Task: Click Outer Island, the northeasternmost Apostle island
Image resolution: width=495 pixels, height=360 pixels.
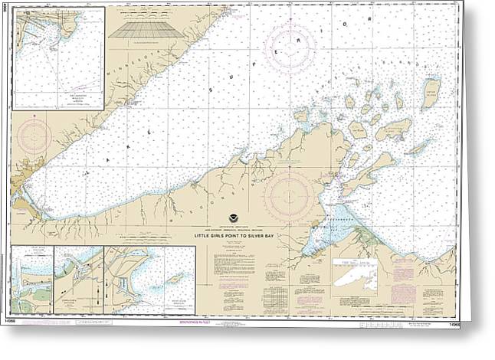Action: pyautogui.click(x=431, y=90)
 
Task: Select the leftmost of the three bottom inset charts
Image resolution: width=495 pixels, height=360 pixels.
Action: pyautogui.click(x=33, y=280)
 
